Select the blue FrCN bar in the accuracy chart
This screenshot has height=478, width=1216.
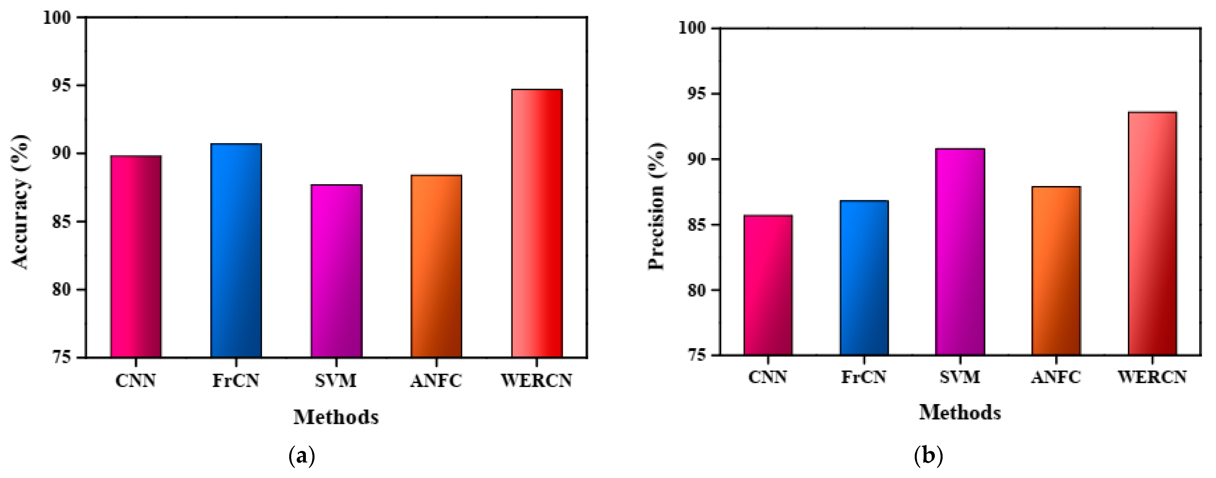[x=236, y=250]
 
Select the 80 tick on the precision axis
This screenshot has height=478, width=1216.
[x=697, y=290]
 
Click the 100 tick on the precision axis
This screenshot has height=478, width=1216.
[x=693, y=28]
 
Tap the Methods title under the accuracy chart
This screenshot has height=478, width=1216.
[x=336, y=417]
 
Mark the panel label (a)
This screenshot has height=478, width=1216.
[x=301, y=456]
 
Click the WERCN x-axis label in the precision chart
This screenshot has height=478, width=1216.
[x=1152, y=377]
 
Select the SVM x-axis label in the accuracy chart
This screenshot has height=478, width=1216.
[x=336, y=380]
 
